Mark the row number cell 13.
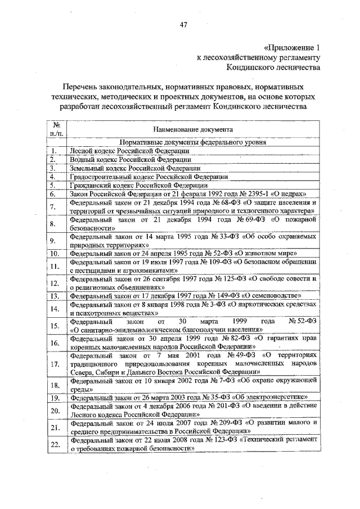[x=55, y=295]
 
